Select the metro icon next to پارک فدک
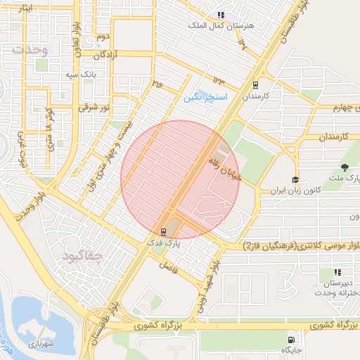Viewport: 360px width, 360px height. point(164,231)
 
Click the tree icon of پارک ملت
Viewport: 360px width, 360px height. point(344,167)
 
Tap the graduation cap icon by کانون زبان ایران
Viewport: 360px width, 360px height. point(295,180)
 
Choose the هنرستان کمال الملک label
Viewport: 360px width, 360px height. point(219,25)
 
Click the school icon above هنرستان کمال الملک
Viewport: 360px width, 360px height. point(221,14)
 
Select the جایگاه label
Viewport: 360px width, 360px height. point(291,349)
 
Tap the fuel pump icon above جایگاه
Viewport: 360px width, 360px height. point(292,338)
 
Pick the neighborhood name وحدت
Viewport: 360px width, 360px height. point(30,50)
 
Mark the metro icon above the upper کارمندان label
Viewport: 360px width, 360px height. point(255,84)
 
